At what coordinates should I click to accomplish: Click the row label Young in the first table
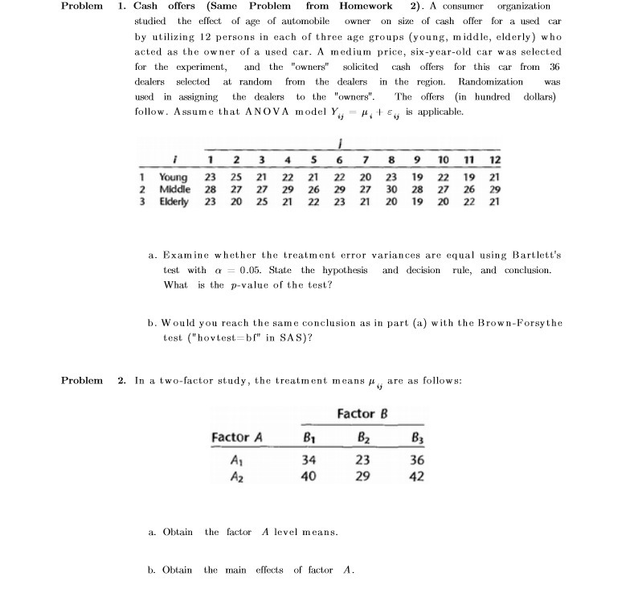tap(174, 177)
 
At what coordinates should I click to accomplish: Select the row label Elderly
tap(174, 201)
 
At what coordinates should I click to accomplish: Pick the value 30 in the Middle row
tap(391, 189)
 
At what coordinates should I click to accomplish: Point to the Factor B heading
tap(363, 414)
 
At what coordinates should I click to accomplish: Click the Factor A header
tap(237, 437)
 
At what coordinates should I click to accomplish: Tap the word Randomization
tap(489, 81)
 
